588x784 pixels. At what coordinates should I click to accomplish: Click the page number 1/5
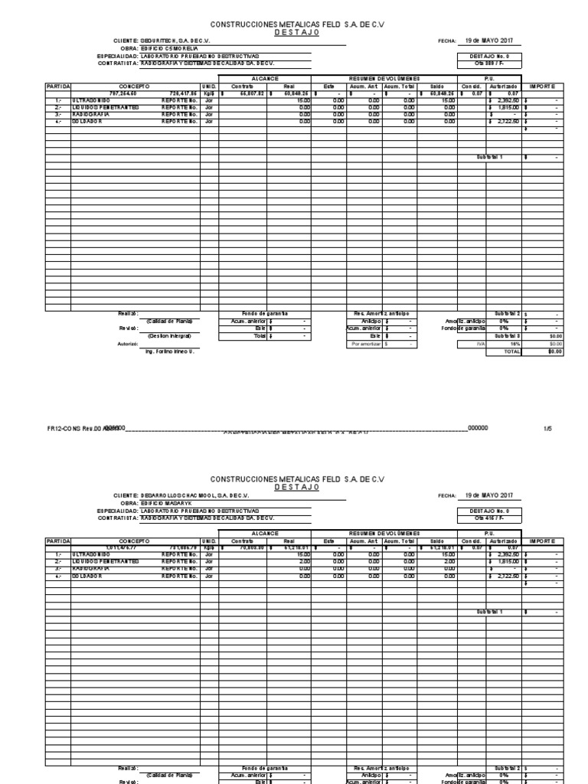point(547,429)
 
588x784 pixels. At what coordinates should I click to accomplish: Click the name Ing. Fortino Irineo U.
point(170,351)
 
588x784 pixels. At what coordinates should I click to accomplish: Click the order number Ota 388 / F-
point(490,63)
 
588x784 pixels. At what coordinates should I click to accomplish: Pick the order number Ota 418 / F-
point(490,518)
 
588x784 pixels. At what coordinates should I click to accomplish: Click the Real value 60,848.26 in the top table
point(292,93)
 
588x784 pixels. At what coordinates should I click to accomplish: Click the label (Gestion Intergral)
point(169,335)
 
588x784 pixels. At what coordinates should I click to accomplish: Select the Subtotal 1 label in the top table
point(490,157)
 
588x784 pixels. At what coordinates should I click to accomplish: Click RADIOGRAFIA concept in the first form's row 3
point(90,114)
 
